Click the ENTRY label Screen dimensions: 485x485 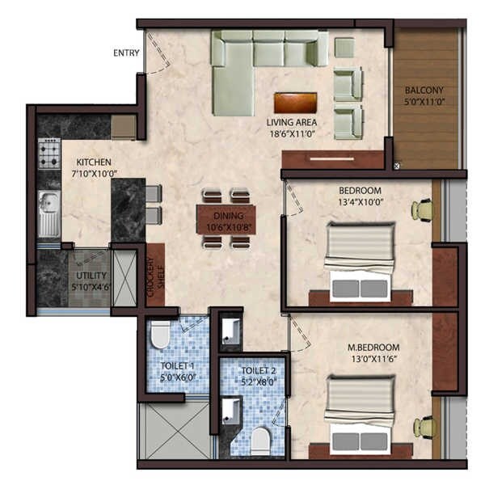tap(126, 53)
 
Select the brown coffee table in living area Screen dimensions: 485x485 tap(295, 103)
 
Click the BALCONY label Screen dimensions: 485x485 tap(424, 90)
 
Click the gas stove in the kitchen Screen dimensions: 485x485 tap(49, 152)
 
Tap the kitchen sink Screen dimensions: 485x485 tap(49, 207)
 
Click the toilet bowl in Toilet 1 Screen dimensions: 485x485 tap(160, 333)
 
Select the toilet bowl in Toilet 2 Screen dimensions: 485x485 tap(260, 441)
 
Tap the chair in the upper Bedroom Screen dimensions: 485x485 tap(423, 209)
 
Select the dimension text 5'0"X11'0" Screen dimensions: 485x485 tap(424, 103)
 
